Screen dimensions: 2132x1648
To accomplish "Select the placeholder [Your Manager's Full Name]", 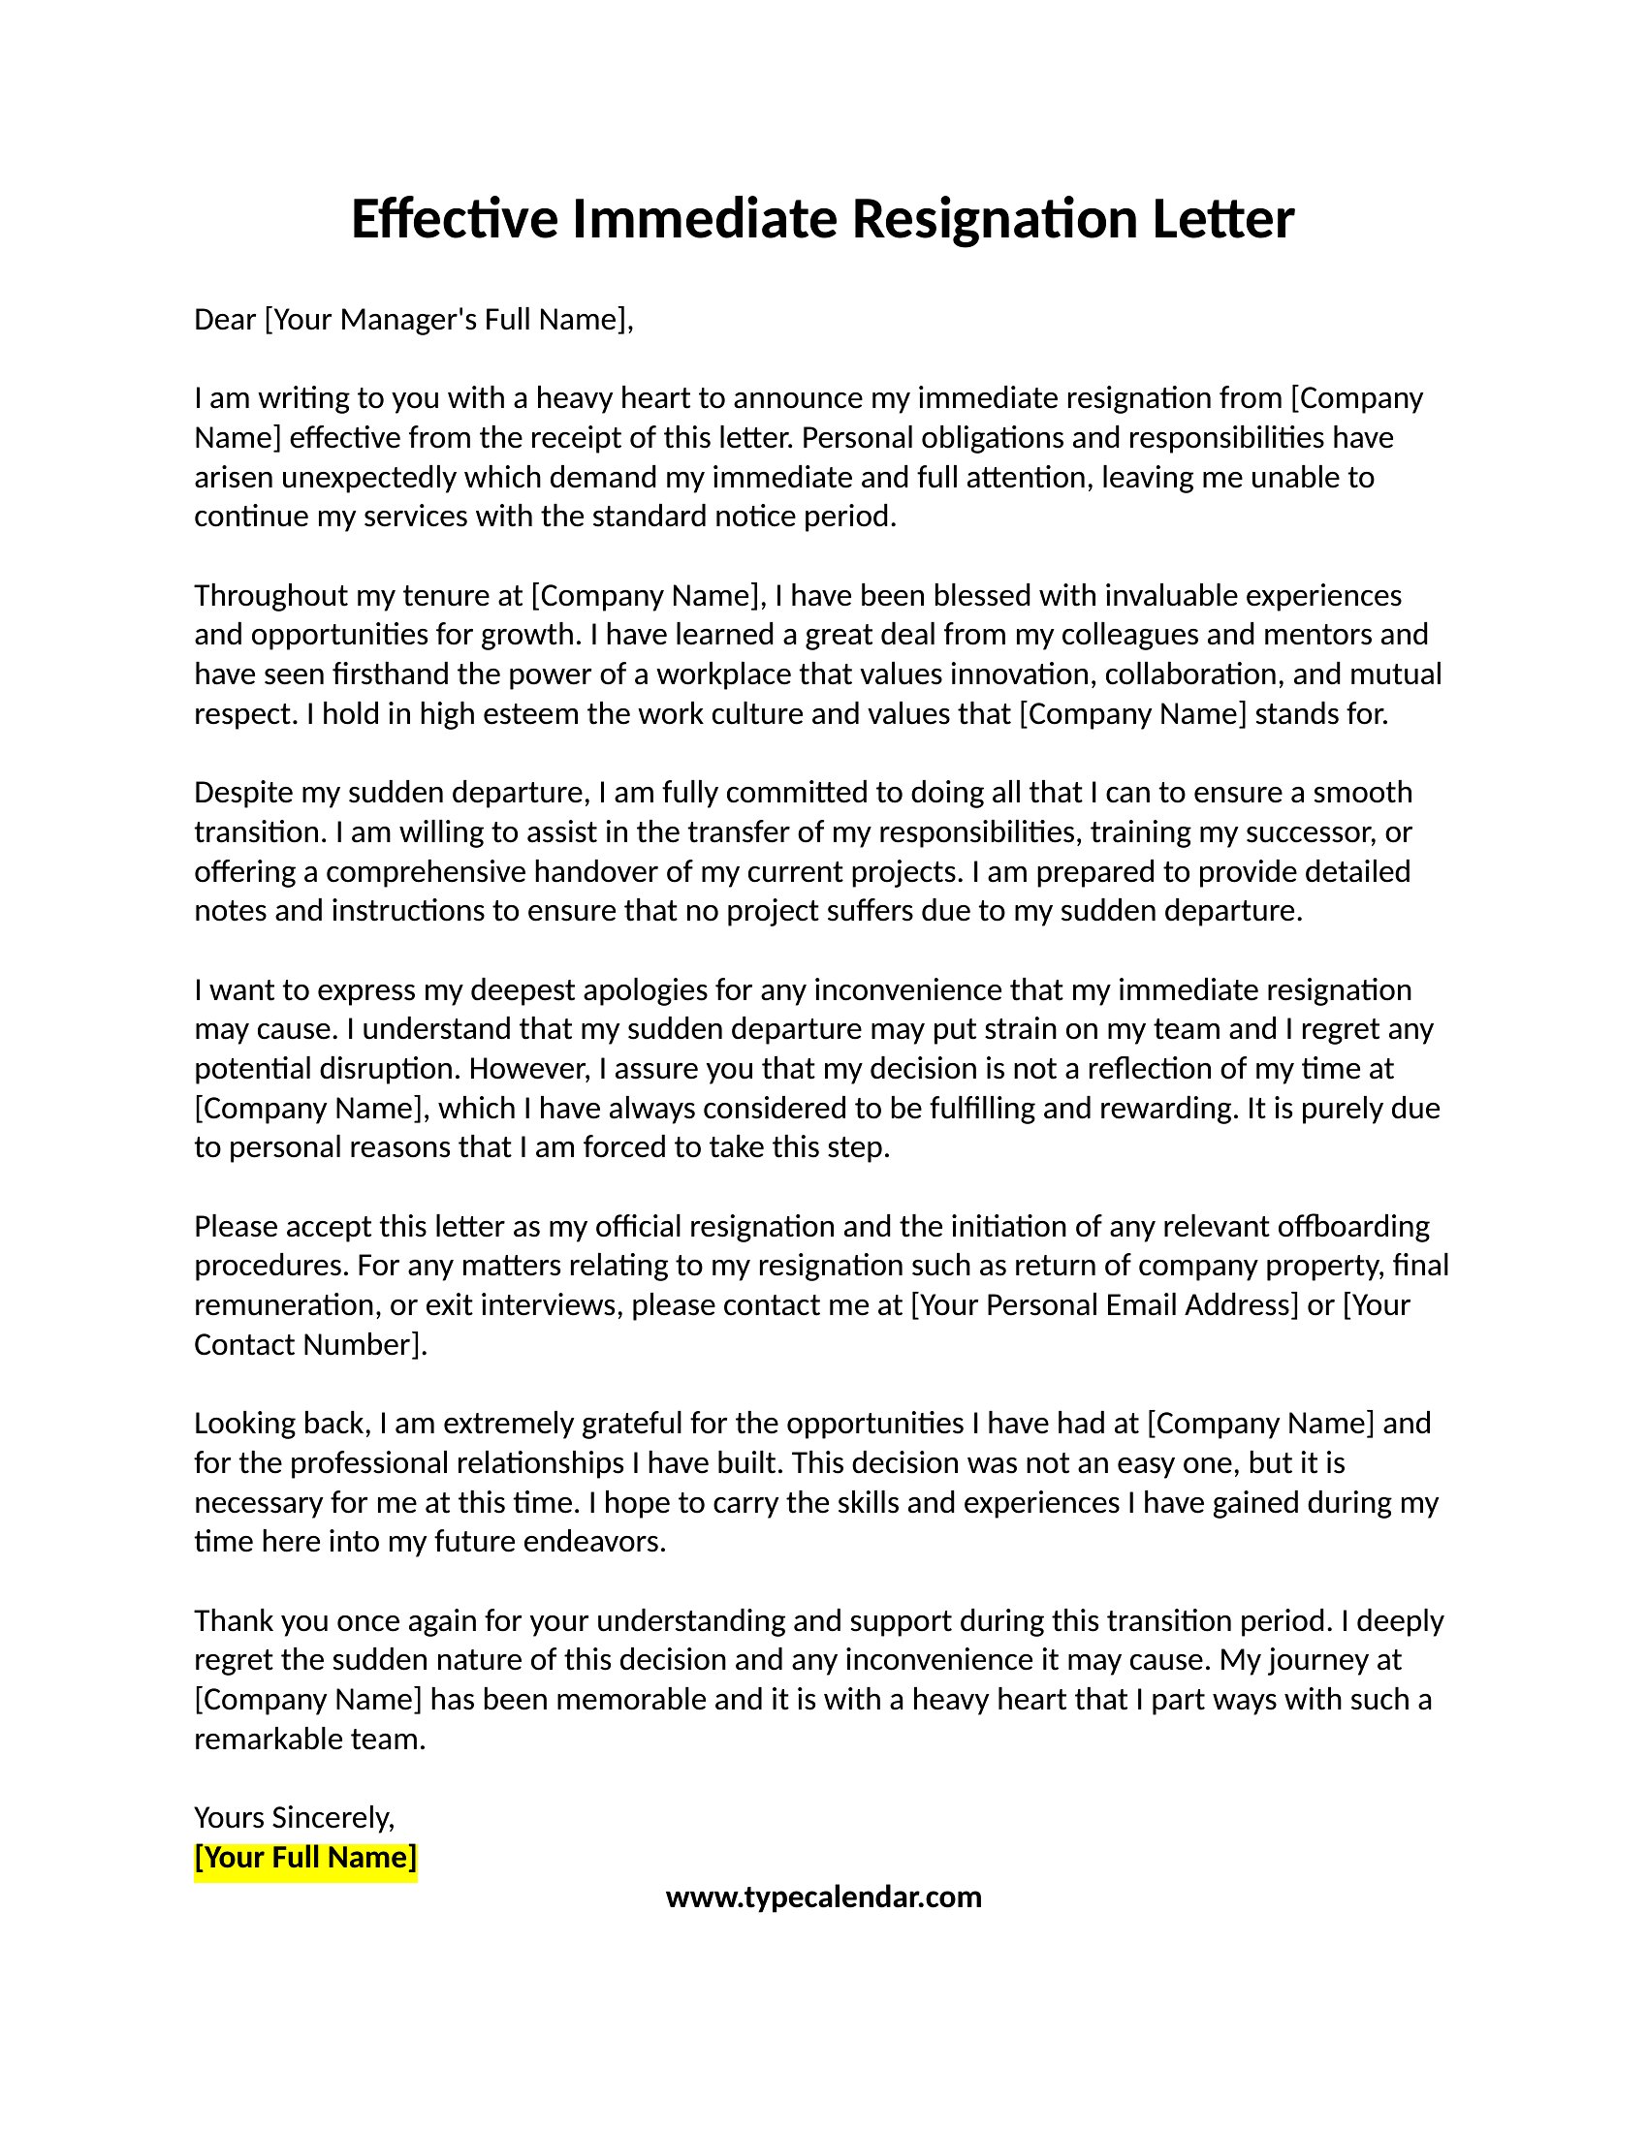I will click(x=448, y=319).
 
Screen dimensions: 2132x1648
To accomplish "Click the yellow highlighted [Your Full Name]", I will click(x=305, y=1857).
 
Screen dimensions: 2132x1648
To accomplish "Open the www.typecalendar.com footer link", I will click(x=823, y=1897).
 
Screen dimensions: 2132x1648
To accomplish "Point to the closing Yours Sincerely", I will click(x=294, y=1817).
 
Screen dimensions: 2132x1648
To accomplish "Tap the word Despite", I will click(x=243, y=792).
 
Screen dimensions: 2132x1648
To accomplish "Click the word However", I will click(x=529, y=1068).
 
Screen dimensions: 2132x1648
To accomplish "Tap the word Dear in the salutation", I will click(x=225, y=319).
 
